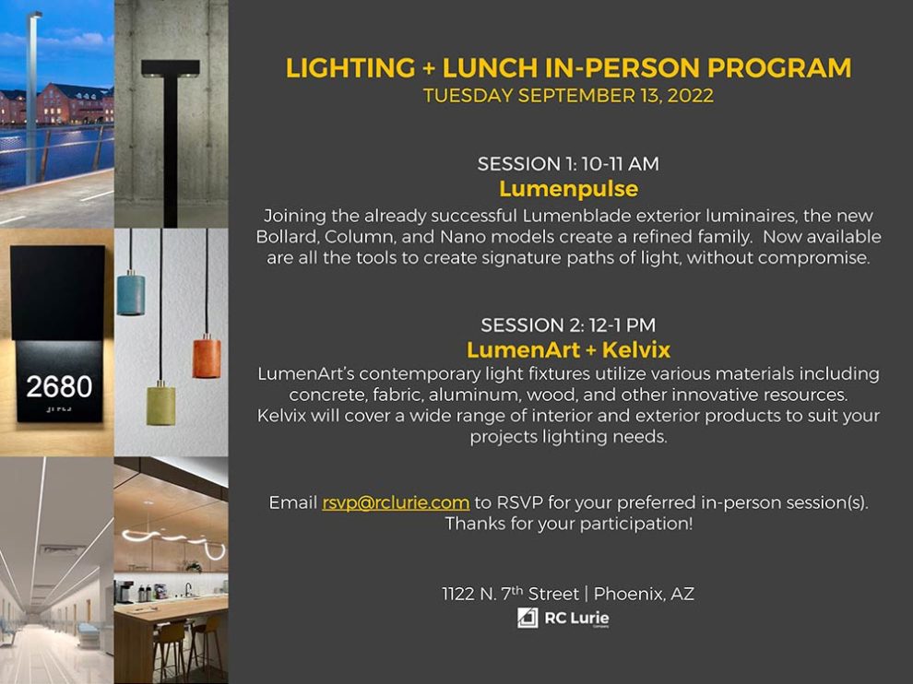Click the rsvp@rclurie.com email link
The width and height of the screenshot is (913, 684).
(x=396, y=503)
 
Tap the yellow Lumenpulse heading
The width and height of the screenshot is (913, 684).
(x=568, y=189)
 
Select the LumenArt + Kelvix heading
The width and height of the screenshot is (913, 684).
(x=568, y=350)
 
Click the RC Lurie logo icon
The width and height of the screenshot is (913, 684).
(x=528, y=618)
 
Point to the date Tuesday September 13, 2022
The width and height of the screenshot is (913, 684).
(x=568, y=96)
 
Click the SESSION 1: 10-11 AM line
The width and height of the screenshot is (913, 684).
(x=568, y=164)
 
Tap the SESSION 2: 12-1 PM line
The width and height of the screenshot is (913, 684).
(x=568, y=325)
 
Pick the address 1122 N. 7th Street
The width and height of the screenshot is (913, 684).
(x=510, y=594)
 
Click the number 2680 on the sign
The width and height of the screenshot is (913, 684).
(x=59, y=386)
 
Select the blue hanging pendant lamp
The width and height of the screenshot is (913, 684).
(x=130, y=292)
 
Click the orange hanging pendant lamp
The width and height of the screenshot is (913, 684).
(x=207, y=357)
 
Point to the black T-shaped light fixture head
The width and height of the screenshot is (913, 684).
(x=171, y=67)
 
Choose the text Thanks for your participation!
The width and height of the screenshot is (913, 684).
(x=568, y=525)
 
